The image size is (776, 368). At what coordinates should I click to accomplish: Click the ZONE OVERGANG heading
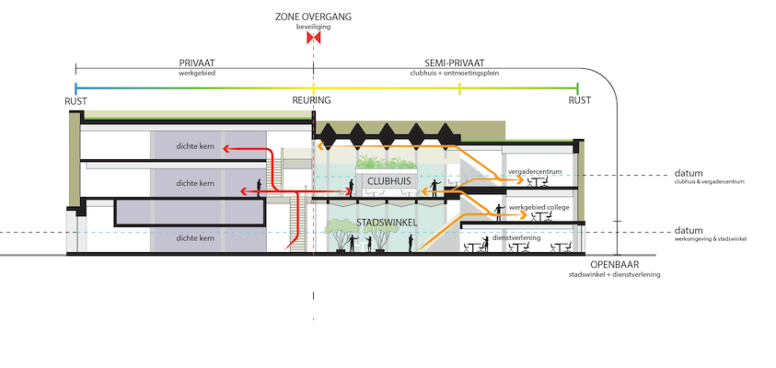pos(314,17)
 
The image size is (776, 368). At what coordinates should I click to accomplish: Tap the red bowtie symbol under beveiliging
pos(314,39)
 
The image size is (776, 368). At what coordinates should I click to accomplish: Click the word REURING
pos(311,100)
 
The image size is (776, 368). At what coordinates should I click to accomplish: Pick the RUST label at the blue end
pos(76,100)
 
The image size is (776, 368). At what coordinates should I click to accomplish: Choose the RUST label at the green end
pos(579,100)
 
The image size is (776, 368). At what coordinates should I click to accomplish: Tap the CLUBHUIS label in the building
pos(389,181)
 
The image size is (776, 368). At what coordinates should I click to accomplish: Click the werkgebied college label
pos(539,209)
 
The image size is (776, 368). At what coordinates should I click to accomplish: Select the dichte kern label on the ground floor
pos(195,238)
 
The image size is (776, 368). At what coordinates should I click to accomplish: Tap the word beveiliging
pos(314,28)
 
